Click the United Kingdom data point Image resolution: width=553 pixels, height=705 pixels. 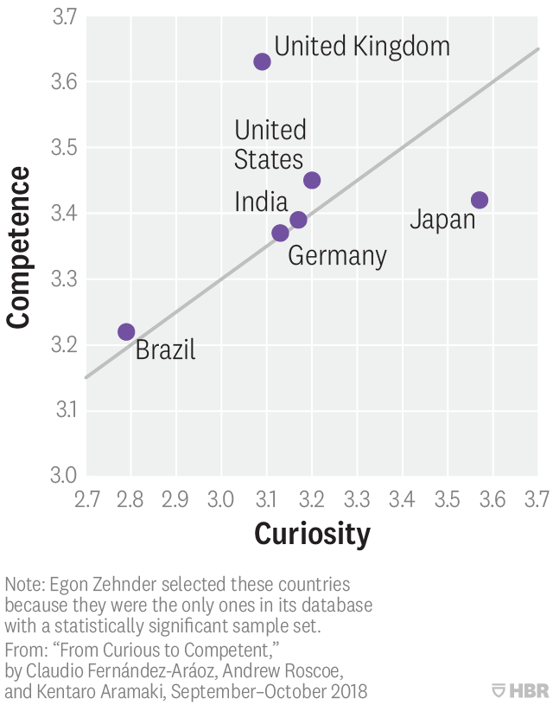pyautogui.click(x=262, y=61)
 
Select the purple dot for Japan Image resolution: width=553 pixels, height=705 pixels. pyautogui.click(x=480, y=200)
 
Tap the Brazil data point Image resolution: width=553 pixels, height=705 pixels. pyautogui.click(x=126, y=331)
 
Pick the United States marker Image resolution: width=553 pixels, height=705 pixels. pyautogui.click(x=312, y=180)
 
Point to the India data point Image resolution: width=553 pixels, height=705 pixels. pyautogui.click(x=298, y=220)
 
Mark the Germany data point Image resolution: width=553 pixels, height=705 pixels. pyautogui.click(x=280, y=233)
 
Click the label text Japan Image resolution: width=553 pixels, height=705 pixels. pyautogui.click(x=442, y=220)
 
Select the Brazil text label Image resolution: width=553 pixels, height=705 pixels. pyautogui.click(x=166, y=349)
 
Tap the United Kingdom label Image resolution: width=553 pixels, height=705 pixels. pyautogui.click(x=362, y=46)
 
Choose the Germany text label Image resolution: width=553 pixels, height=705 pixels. pyautogui.click(x=337, y=256)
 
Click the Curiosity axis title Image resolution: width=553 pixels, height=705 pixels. pyautogui.click(x=312, y=534)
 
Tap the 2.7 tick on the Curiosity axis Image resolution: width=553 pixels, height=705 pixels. pyautogui.click(x=86, y=499)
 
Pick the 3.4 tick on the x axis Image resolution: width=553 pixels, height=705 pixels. pyautogui.click(x=403, y=499)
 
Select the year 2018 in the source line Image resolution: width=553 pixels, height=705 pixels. pyautogui.click(x=350, y=691)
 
